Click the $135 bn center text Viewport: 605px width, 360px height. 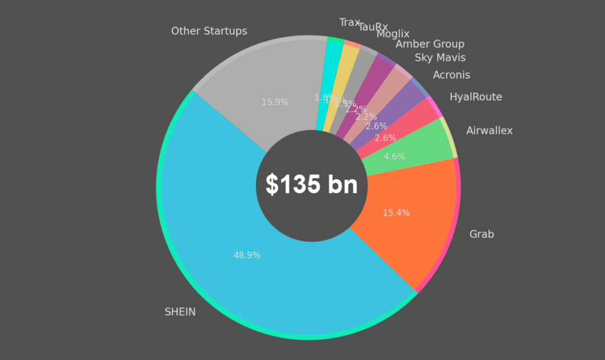point(311,185)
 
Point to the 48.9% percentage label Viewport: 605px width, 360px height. point(247,255)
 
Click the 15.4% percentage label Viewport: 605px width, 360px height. point(396,213)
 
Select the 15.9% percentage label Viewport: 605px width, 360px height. point(275,102)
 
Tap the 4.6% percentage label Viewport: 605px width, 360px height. point(394,157)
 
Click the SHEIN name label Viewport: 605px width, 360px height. point(180,312)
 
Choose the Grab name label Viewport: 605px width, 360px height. point(482,234)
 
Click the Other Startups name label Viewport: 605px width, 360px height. point(209,31)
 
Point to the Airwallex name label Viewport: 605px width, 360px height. point(489,131)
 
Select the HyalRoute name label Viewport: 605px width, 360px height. point(476,97)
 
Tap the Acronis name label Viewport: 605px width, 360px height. point(451,75)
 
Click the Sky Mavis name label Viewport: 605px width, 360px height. point(440,57)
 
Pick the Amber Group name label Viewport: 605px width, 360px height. point(430,44)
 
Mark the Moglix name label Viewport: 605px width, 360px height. point(393,34)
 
